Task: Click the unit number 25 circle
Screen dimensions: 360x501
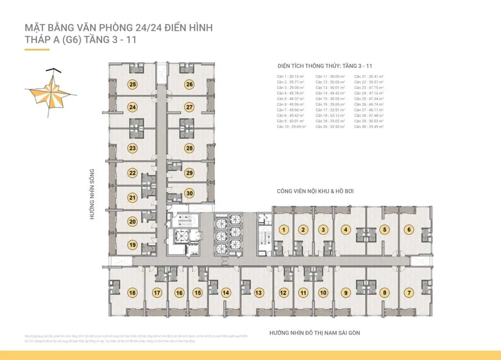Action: [133, 84]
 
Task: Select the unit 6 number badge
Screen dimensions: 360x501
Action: [409, 230]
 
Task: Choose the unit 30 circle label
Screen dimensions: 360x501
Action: [190, 193]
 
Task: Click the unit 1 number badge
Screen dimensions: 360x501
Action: [285, 230]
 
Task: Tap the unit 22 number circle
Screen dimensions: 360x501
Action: [133, 173]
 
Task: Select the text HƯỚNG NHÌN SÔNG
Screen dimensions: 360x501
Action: [92, 194]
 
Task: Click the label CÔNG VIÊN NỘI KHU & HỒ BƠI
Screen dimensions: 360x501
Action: [315, 191]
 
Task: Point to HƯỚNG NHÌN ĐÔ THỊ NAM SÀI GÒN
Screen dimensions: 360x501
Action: [314, 333]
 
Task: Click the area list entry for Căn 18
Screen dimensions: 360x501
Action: [330, 116]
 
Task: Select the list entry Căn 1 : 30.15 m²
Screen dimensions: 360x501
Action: [291, 77]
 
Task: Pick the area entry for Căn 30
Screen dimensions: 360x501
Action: [369, 127]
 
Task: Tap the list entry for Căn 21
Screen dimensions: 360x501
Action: [369, 77]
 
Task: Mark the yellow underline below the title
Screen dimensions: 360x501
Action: [37, 50]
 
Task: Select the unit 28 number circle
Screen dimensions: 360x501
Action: [190, 148]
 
